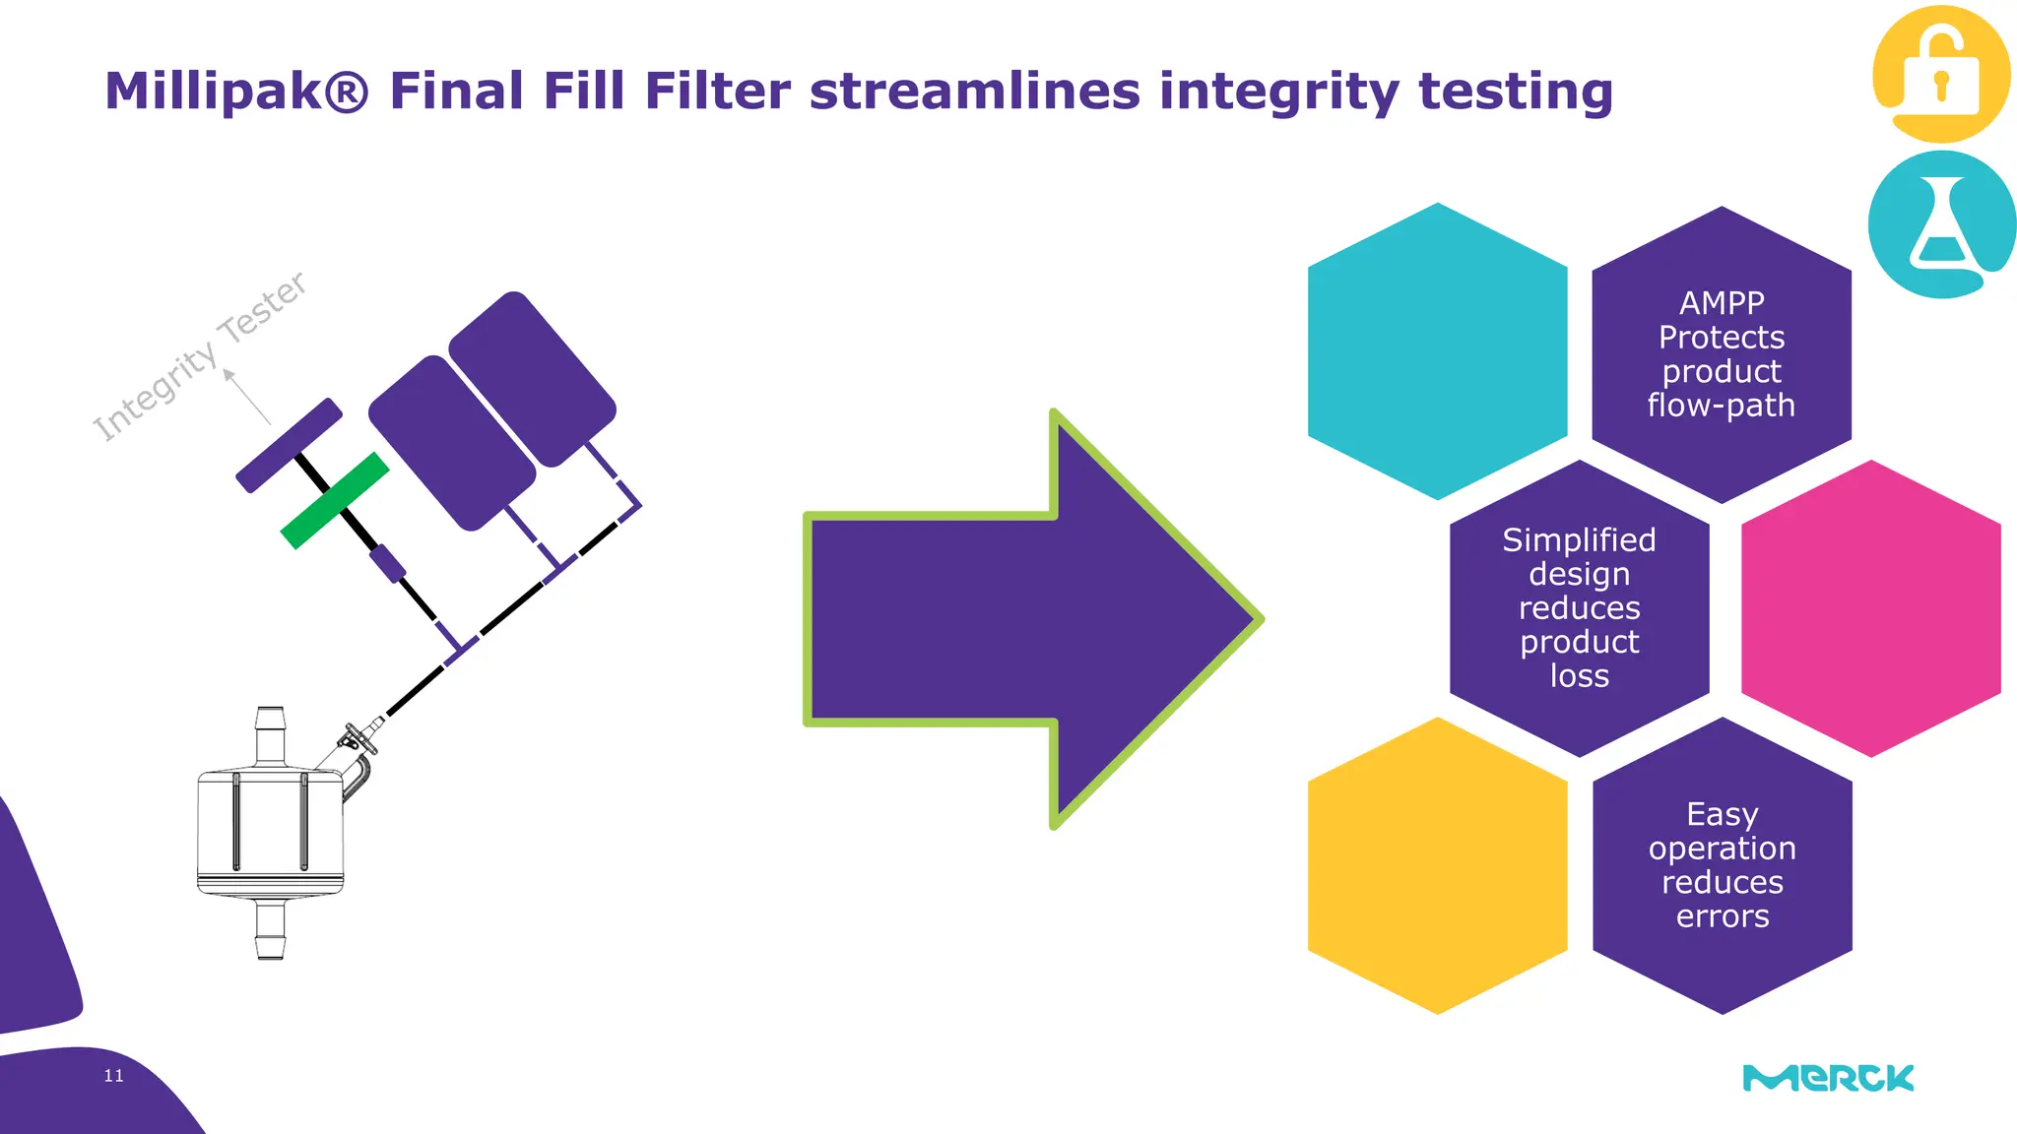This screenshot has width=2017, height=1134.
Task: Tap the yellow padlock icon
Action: pyautogui.click(x=1940, y=75)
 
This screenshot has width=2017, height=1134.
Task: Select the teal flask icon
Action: pyautogui.click(x=1940, y=224)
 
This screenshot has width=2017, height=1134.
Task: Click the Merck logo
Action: pyautogui.click(x=1828, y=1078)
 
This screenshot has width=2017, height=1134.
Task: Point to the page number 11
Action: pyautogui.click(x=114, y=1076)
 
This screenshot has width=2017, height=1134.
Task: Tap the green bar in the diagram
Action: pyautogui.click(x=335, y=500)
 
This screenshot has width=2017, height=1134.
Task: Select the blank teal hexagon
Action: pyautogui.click(x=1437, y=351)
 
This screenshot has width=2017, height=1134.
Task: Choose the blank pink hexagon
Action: pyautogui.click(x=1870, y=608)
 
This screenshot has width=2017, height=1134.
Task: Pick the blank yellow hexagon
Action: pyautogui.click(x=1437, y=865)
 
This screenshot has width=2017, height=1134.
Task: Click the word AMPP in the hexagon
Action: pyautogui.click(x=1722, y=303)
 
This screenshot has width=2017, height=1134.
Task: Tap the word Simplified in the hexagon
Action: pyautogui.click(x=1579, y=540)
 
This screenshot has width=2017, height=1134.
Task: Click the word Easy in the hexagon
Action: pyautogui.click(x=1722, y=815)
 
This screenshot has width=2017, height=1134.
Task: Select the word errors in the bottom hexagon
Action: pyautogui.click(x=1723, y=916)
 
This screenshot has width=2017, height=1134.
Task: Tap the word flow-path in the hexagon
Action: pyautogui.click(x=1721, y=406)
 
